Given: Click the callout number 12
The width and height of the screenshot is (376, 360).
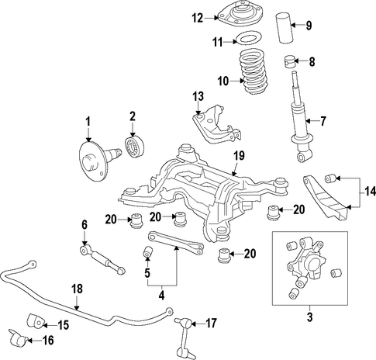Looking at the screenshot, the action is pos(198,18).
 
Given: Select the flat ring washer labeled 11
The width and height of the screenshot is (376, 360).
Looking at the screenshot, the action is pos(248,39).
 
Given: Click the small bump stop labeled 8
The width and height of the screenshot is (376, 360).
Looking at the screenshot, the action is pos(289,62).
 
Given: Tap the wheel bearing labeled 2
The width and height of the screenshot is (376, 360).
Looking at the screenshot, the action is pos(134,147).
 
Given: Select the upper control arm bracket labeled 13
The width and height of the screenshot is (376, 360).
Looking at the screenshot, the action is pos(216,124).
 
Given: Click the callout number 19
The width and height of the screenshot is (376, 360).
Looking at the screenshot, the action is pos(239,156).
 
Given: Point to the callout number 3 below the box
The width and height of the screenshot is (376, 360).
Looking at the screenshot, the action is pos(309,317).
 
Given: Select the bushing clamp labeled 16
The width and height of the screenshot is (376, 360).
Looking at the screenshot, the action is pos(18,338).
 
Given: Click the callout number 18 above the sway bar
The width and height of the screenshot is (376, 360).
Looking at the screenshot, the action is pos(77,289).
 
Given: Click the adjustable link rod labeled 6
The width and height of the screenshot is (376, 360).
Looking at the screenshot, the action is pos(102,260).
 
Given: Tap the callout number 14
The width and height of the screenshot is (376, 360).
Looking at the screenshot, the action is pos(370,192).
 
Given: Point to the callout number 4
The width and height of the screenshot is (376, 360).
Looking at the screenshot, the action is pos(161,295).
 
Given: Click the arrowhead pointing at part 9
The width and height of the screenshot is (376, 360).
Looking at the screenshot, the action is pos(293,25).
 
